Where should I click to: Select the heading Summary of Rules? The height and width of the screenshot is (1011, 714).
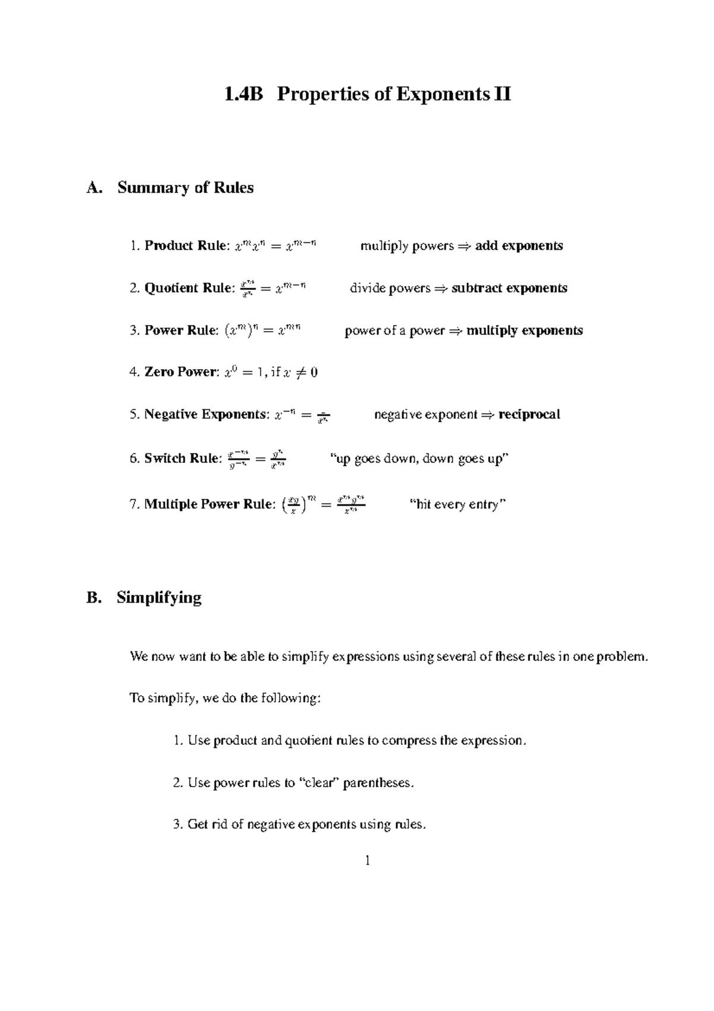coord(185,188)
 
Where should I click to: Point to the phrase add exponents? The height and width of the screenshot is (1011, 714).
coord(519,246)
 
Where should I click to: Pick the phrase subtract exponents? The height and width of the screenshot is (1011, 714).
coord(509,288)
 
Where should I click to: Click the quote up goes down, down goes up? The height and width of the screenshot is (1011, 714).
coord(419,459)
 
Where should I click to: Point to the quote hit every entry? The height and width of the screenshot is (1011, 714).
coord(458,505)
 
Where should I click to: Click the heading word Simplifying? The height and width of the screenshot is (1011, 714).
coord(159,597)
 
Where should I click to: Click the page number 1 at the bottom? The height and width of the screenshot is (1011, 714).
coord(368,860)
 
